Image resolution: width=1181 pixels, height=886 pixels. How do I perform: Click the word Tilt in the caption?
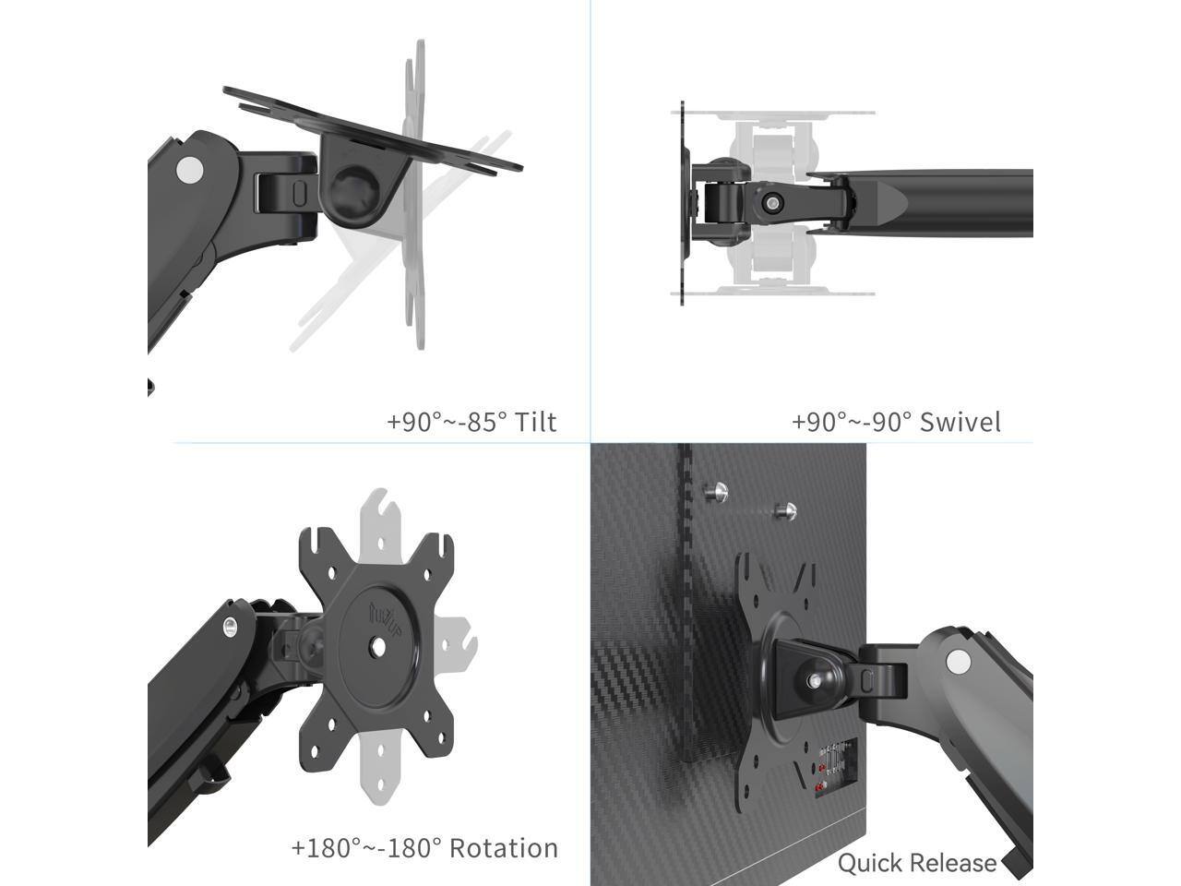tap(535, 422)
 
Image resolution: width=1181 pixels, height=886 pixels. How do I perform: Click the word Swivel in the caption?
tap(960, 422)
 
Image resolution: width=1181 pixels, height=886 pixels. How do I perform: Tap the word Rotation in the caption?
tap(506, 848)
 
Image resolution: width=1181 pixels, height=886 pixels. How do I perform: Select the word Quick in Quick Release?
tap(866, 863)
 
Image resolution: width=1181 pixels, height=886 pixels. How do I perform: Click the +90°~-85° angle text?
tap(447, 422)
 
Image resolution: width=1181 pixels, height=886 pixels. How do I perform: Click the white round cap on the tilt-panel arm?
tap(189, 170)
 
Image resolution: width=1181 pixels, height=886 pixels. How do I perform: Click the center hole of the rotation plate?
tap(377, 647)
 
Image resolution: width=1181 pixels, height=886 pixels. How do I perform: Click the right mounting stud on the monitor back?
tap(787, 509)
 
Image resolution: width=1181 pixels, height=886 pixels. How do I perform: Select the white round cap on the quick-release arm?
tap(960, 661)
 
